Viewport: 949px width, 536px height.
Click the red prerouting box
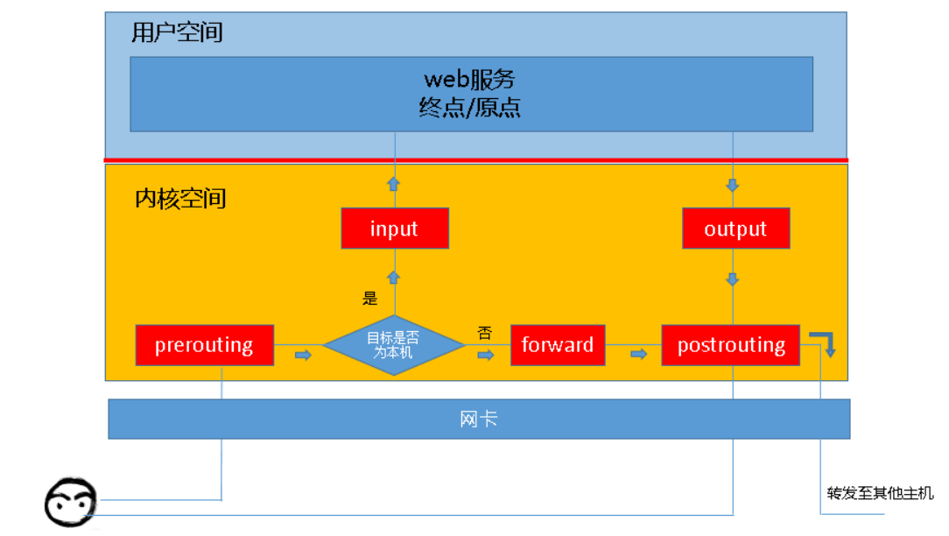[204, 345]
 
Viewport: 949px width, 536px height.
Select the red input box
[395, 229]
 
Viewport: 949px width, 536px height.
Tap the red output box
[735, 229]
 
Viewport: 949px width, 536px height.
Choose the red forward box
[558, 345]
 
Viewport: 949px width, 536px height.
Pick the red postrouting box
[731, 345]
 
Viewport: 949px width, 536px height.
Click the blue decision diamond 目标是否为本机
[393, 345]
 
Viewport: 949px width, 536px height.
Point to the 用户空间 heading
[178, 32]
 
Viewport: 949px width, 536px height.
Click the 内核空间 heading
[180, 199]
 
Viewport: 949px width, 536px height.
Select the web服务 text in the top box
[469, 80]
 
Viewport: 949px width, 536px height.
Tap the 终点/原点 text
[469, 108]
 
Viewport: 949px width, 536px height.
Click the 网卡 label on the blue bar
[479, 419]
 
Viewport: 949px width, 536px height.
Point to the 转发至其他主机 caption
[880, 493]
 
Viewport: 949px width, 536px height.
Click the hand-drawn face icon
[70, 503]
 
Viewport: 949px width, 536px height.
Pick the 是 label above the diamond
[370, 299]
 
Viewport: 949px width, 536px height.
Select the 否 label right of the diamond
[484, 333]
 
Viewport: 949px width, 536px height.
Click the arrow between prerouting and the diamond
[303, 355]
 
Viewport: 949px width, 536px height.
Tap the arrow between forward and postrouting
[638, 354]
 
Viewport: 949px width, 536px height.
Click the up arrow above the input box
[394, 184]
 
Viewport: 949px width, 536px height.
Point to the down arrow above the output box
[733, 186]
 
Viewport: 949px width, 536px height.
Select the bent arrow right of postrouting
[825, 342]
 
